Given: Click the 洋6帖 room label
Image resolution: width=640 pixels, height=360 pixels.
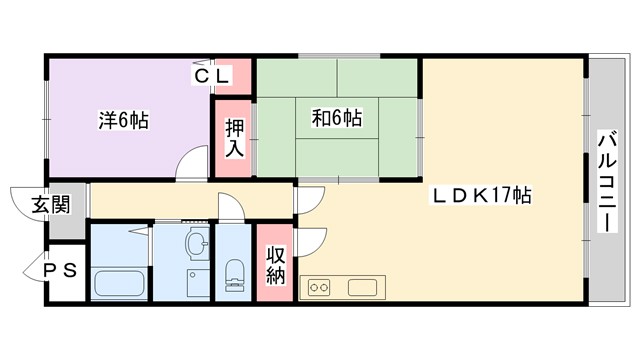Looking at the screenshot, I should point(123,120).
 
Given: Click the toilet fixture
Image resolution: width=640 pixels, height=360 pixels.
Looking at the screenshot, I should point(235,273).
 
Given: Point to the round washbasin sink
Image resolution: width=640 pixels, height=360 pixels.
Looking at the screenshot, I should point(196,242).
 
